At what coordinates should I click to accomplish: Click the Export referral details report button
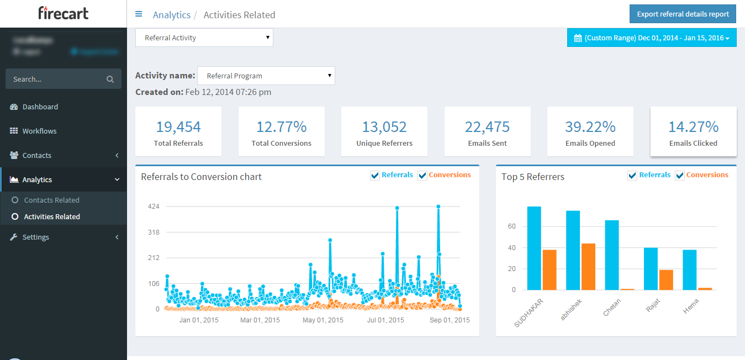click(683, 14)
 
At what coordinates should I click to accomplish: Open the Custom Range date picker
click(652, 38)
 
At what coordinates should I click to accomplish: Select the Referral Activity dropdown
click(204, 38)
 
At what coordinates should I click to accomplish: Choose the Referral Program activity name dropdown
click(266, 76)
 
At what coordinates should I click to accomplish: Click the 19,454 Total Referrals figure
click(178, 127)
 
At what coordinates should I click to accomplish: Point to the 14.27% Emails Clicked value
click(693, 127)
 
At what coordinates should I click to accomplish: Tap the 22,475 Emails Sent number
click(487, 127)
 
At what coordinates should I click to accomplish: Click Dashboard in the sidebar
click(40, 107)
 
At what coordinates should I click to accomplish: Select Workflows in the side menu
click(39, 131)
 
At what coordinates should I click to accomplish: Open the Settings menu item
click(35, 237)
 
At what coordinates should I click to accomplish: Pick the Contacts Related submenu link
click(51, 200)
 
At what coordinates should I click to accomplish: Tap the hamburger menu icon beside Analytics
click(139, 14)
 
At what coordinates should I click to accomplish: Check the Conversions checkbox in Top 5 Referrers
click(680, 176)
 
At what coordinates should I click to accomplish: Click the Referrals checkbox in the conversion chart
click(376, 176)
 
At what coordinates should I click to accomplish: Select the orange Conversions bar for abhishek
click(588, 267)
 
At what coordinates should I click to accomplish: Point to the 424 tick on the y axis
click(154, 207)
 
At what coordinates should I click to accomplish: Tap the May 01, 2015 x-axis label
click(323, 320)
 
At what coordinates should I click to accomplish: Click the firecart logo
click(63, 13)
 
